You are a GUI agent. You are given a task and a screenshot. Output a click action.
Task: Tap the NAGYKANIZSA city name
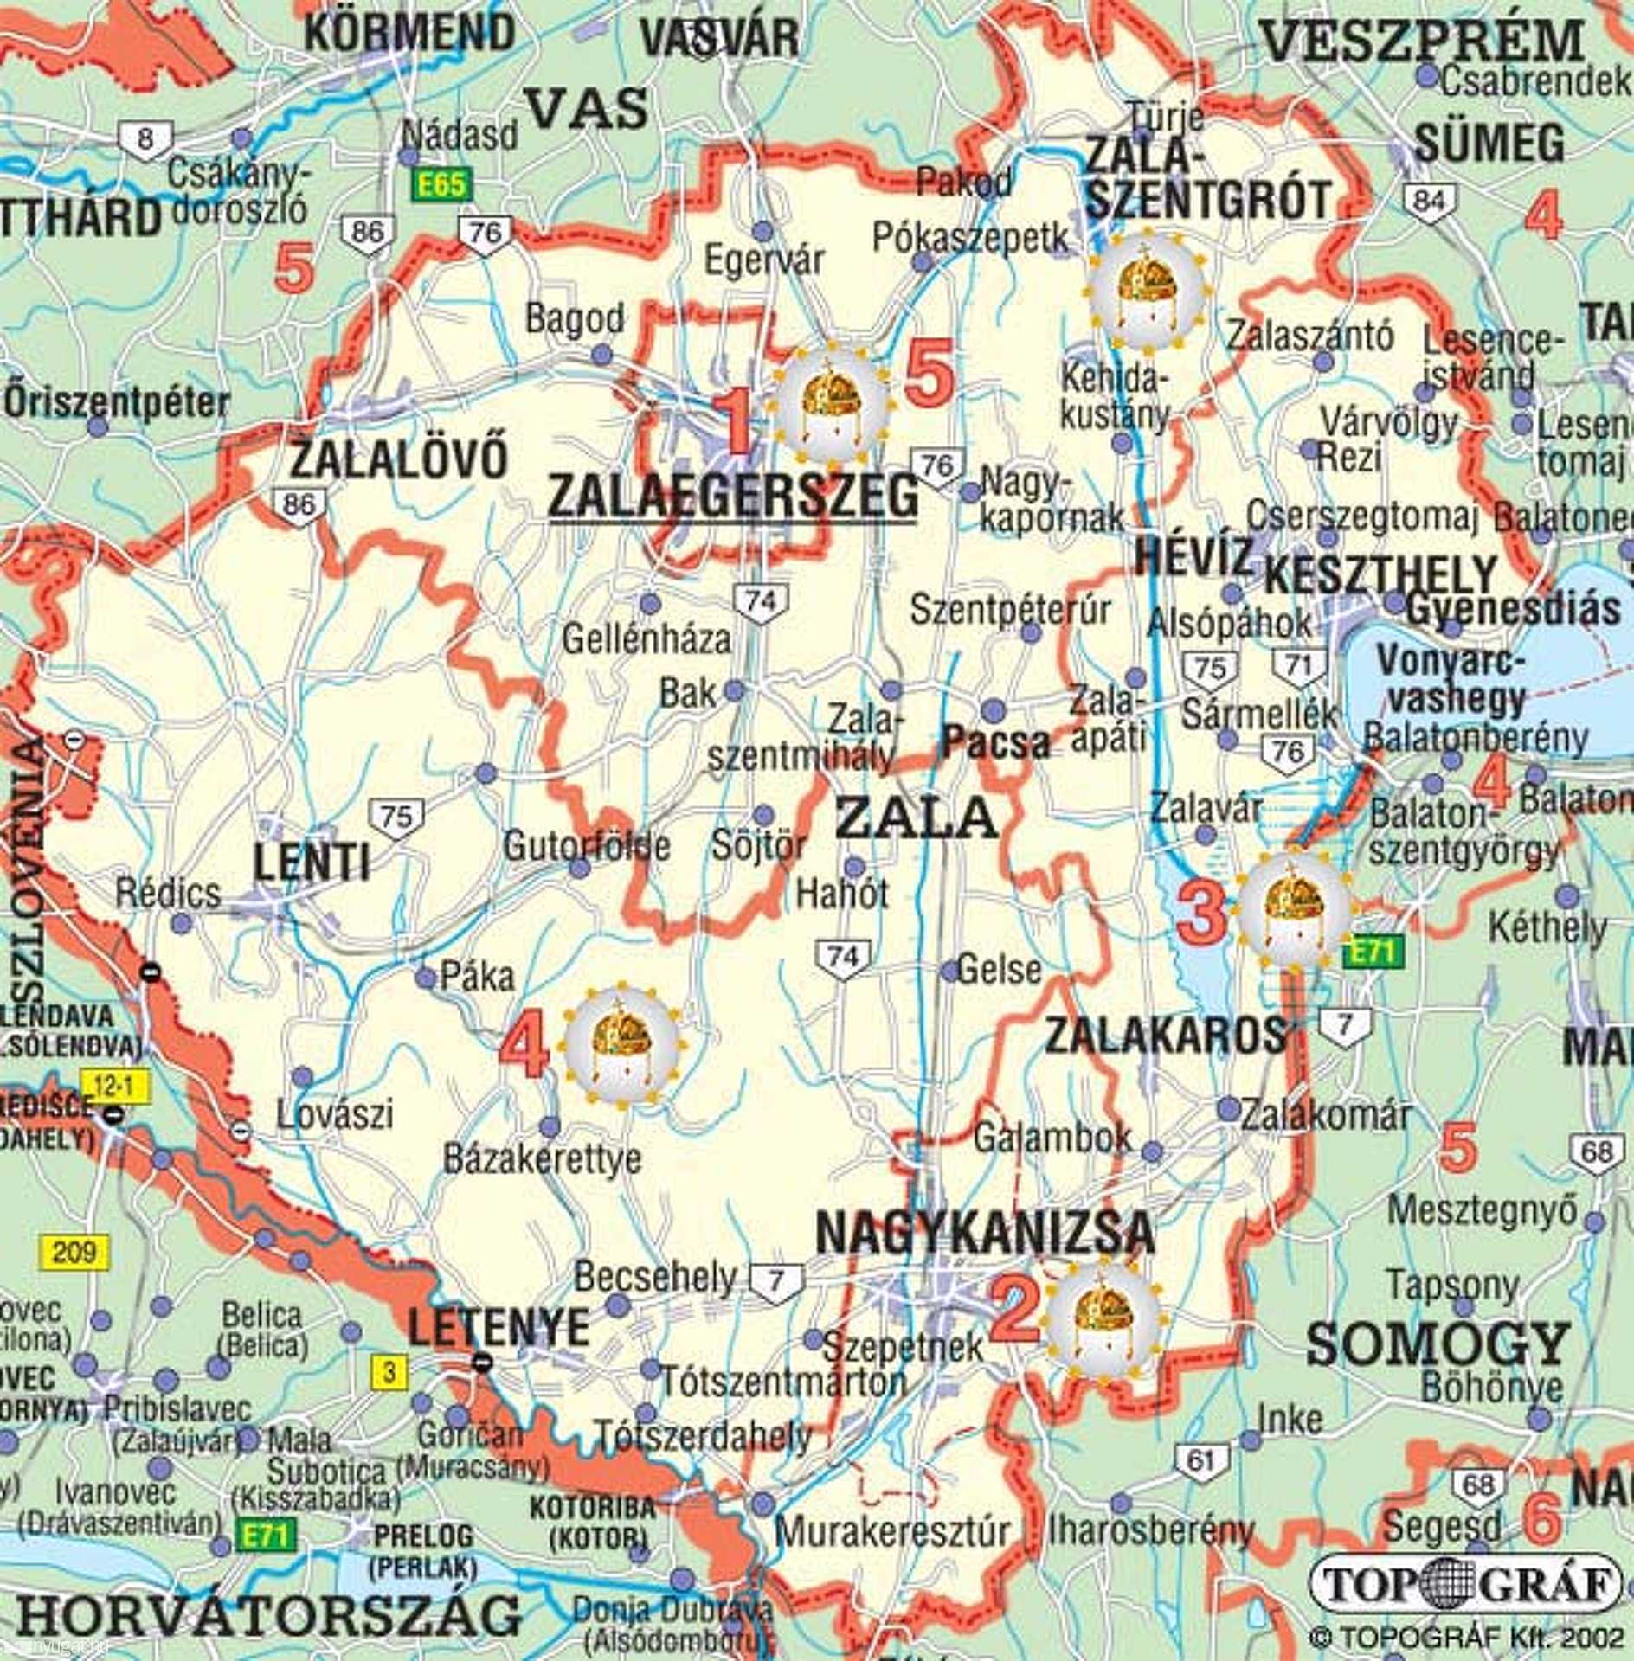click(x=985, y=1234)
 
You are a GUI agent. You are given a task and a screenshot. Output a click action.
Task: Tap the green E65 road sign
click(x=441, y=184)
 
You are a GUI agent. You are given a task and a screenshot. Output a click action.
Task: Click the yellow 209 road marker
click(x=74, y=1252)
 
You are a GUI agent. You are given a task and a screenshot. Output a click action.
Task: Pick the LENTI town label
click(x=312, y=863)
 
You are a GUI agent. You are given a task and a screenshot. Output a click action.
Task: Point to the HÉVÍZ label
click(x=1193, y=557)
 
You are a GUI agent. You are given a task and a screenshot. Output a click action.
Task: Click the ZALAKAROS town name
click(x=1165, y=1036)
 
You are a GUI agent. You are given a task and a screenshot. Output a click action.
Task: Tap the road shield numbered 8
click(x=145, y=139)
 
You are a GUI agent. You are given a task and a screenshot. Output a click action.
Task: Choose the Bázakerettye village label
click(x=543, y=1159)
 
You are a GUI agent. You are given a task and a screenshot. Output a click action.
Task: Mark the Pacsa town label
click(x=996, y=743)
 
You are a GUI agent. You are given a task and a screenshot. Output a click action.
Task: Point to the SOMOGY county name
click(x=1438, y=1344)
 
